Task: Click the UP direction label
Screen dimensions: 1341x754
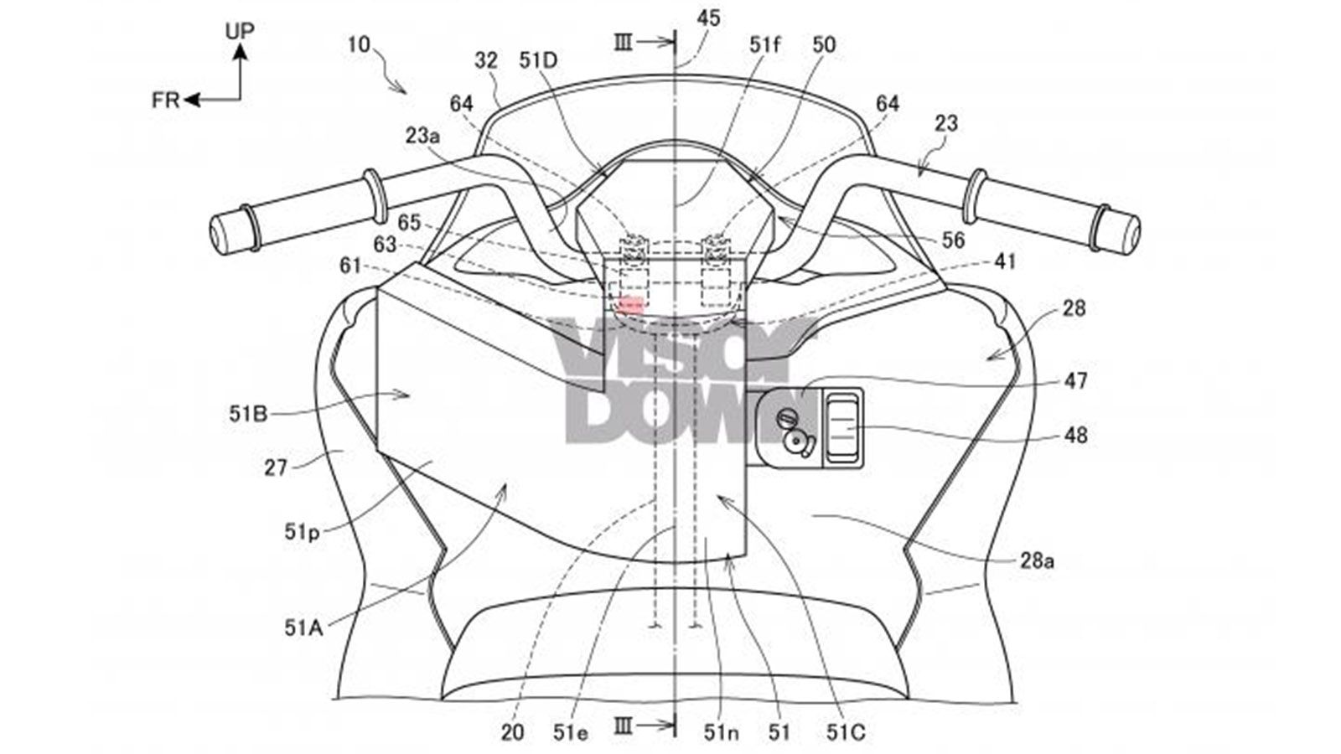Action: (240, 30)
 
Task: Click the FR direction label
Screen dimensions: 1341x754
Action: (165, 101)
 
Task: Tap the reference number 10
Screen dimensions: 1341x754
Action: (360, 45)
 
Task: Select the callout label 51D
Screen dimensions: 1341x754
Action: (538, 60)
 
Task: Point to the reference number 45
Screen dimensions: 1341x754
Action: (708, 18)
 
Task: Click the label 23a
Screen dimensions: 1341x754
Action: (422, 136)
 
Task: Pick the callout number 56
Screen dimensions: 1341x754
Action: (953, 240)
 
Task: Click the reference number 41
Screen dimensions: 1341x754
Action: (1005, 261)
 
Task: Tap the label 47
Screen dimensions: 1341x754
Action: (1075, 380)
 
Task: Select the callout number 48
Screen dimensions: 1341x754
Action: (1075, 435)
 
